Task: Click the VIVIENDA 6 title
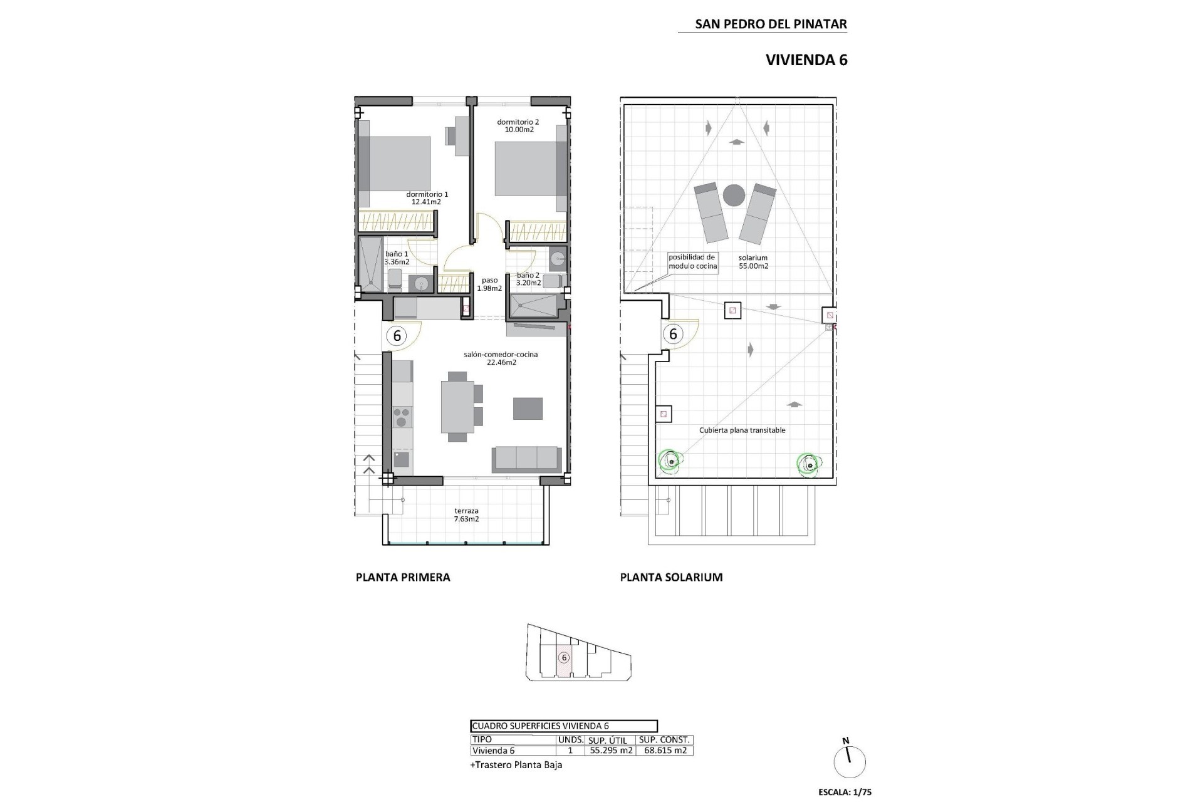coord(806,60)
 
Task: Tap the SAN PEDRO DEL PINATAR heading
coord(771,24)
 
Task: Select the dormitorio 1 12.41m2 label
coord(427,198)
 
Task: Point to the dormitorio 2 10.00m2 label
coord(518,126)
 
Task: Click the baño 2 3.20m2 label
coord(528,279)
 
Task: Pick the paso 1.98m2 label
coord(489,284)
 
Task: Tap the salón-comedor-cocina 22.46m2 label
coord(501,358)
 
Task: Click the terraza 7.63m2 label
coord(466,515)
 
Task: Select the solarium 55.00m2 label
coord(753,261)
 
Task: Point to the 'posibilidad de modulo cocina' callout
coord(692,261)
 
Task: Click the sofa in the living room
coord(526,459)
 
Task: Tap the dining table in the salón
coord(457,407)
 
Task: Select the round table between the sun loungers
coord(734,195)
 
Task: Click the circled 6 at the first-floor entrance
coord(397,336)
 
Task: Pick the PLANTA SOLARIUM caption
coord(671,577)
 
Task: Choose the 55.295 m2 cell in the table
coord(610,751)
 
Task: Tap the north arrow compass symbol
coord(849,761)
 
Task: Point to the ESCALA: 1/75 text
coord(845,792)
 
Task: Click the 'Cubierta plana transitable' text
coord(742,430)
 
